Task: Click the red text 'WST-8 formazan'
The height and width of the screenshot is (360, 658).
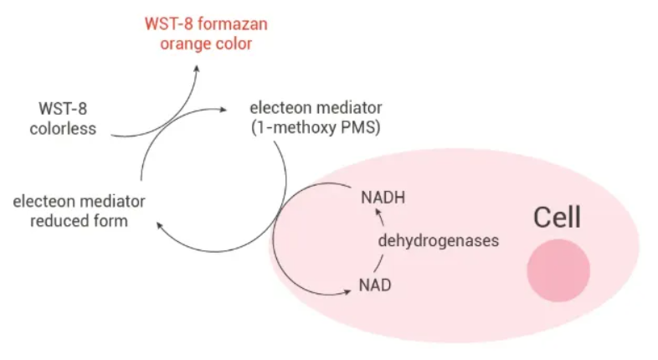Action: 206,24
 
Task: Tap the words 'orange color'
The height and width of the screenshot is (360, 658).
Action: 206,44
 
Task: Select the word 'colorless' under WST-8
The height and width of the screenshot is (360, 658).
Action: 63,128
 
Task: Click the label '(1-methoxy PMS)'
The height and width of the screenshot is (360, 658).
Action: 316,127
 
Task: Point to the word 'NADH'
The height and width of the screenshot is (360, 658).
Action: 383,198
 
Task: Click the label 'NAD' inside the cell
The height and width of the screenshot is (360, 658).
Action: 375,285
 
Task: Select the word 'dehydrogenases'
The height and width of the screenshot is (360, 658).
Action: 439,241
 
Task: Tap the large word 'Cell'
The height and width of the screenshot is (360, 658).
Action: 558,218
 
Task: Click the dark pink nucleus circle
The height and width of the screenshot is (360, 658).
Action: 558,270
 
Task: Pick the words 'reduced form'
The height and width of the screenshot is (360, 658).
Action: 79,221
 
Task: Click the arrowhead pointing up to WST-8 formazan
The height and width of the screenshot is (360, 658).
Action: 197,69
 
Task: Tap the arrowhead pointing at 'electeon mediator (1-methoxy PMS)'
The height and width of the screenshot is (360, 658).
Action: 223,110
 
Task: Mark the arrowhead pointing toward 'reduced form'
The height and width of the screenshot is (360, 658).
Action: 160,226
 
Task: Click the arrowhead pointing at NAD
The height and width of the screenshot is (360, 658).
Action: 347,291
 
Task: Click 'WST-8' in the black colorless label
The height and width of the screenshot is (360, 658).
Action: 63,109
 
